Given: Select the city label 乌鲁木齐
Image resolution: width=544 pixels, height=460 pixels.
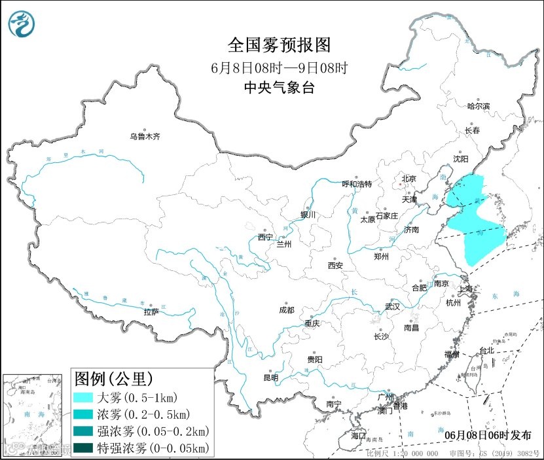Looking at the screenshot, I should pyautogui.click(x=144, y=137).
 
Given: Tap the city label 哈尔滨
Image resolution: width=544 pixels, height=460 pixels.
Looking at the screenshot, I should pyautogui.click(x=479, y=106).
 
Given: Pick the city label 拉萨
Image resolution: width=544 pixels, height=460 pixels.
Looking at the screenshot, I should pyautogui.click(x=151, y=312).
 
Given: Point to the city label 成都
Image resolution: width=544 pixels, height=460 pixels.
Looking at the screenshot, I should pyautogui.click(x=286, y=310).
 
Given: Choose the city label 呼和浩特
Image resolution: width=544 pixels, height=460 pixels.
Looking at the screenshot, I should pyautogui.click(x=357, y=184).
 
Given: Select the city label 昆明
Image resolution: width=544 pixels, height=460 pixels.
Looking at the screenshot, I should pyautogui.click(x=270, y=378).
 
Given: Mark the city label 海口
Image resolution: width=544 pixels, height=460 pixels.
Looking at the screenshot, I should pyautogui.click(x=357, y=435).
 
